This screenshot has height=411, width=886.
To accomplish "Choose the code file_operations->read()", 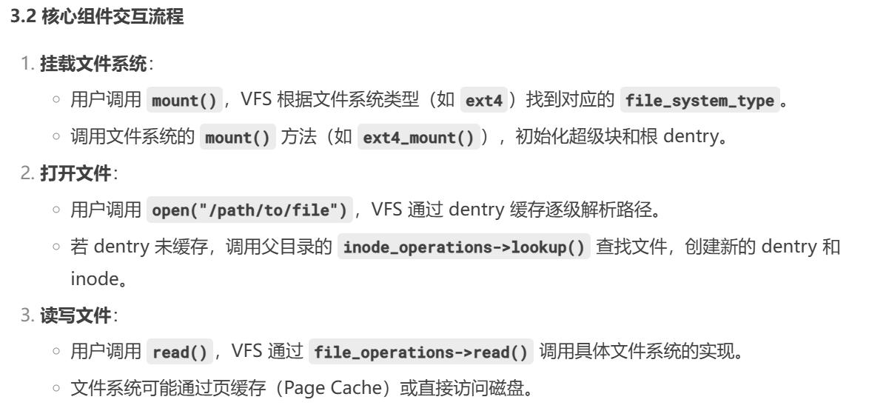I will (421, 352).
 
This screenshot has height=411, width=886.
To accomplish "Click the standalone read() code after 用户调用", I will (179, 352).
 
